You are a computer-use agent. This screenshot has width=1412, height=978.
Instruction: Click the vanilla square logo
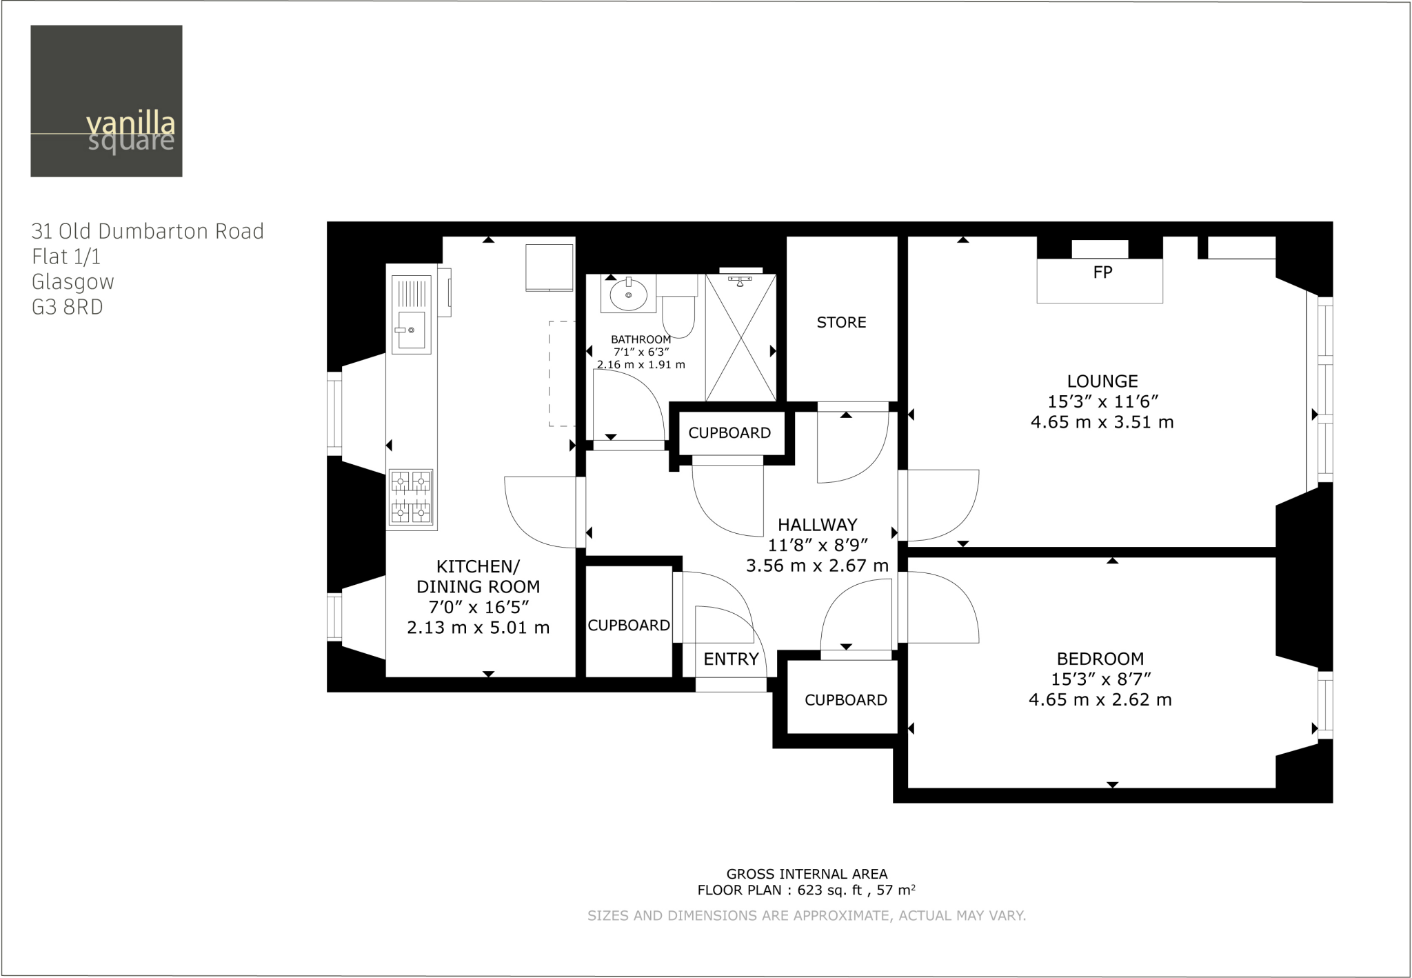106,101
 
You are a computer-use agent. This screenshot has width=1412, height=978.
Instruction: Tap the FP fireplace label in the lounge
1102,272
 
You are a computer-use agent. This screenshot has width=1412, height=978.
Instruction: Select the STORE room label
841,322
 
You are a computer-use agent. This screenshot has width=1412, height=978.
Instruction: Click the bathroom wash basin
628,295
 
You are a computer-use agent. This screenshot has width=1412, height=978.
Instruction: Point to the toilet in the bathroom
678,310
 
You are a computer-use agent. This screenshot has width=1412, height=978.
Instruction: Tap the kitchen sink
412,330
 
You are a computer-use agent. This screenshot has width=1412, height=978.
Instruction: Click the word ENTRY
731,659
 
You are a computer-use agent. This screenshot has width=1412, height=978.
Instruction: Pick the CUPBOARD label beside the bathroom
729,433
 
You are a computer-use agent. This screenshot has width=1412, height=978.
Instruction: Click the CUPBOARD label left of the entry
629,625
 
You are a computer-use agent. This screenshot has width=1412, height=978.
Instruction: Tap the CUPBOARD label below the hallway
846,700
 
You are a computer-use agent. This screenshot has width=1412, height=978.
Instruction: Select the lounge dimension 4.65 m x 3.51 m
1102,422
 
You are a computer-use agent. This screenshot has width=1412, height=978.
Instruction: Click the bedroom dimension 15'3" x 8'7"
1100,679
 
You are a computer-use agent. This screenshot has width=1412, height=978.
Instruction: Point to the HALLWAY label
817,525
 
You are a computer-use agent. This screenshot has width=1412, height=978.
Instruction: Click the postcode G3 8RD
68,308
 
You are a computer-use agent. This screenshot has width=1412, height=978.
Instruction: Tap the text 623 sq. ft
829,890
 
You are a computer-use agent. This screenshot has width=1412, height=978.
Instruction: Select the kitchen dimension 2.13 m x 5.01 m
478,628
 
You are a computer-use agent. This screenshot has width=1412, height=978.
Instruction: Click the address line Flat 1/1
66,257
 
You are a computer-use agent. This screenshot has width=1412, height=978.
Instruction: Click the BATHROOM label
641,339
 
